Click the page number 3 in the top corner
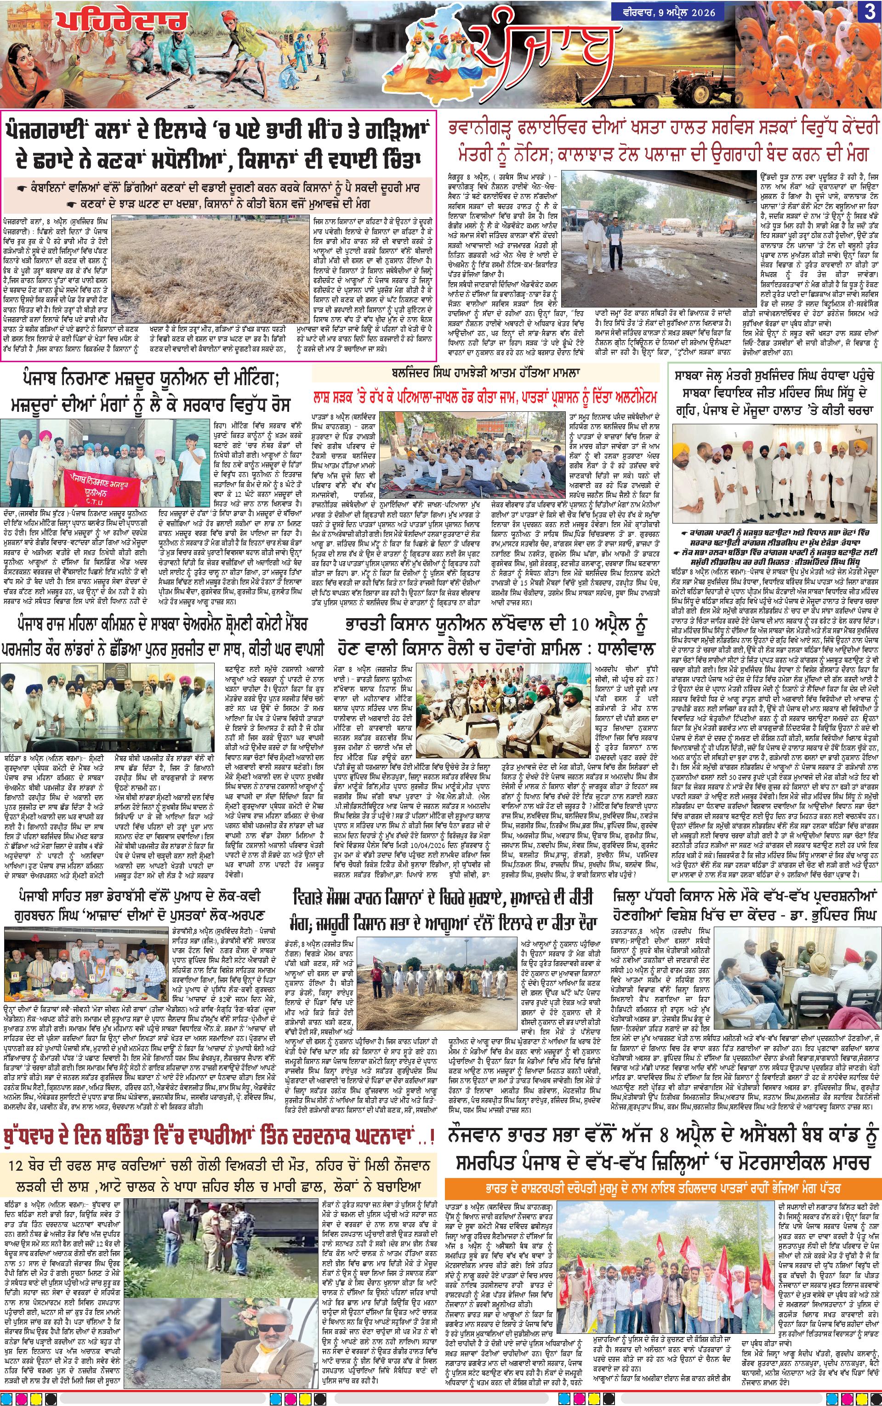click(x=868, y=14)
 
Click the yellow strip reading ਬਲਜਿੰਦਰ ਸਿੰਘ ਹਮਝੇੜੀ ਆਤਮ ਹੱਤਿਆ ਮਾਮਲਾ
click(x=489, y=371)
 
